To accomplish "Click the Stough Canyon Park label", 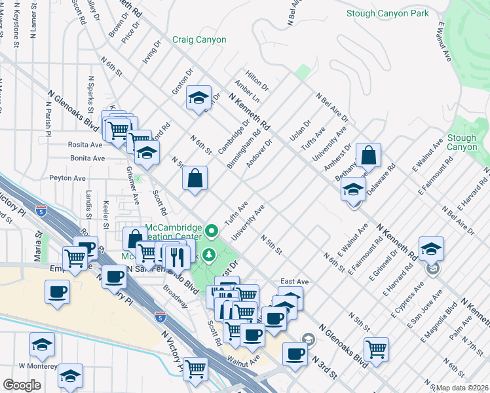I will pos(388,13).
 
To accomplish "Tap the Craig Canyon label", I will pos(199,39).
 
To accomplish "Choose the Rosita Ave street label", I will pos(85,145).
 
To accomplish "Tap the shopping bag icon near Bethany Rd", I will pos(369,156).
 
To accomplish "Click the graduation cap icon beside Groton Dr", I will pos(198,98).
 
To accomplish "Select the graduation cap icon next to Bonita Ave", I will pos(147,153).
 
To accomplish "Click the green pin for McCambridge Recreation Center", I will pos(212,231).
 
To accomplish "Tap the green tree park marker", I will pos(209,254).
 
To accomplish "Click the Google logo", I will pos(22,385).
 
